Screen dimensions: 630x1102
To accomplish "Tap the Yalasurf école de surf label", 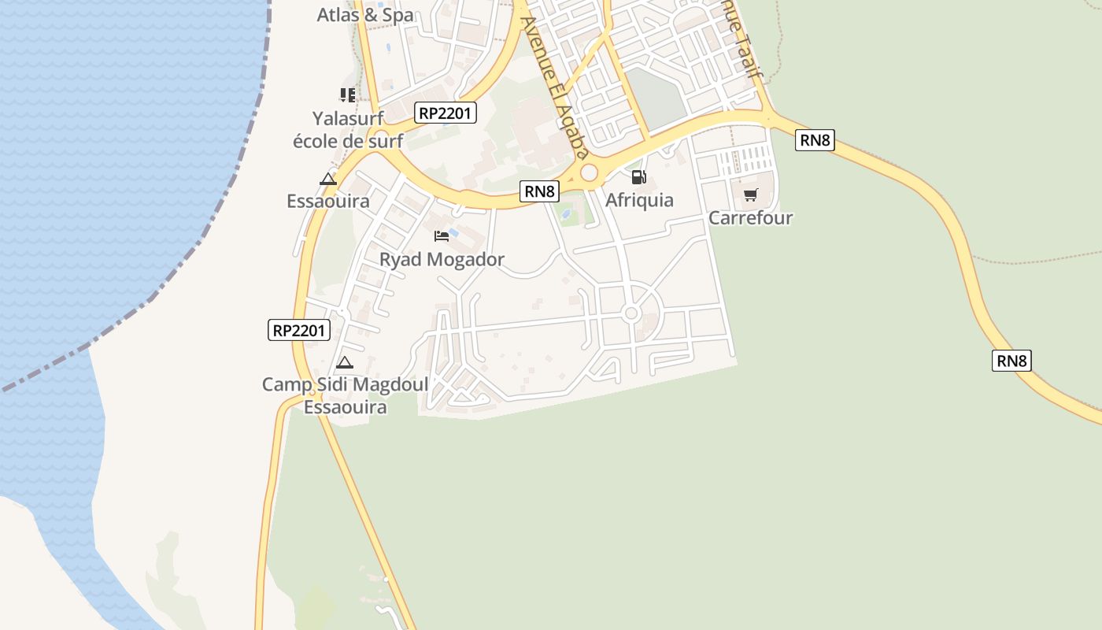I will pyautogui.click(x=348, y=130).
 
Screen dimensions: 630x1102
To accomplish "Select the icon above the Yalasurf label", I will pyautogui.click(x=347, y=95).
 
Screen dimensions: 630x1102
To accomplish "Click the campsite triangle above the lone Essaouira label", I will pyautogui.click(x=328, y=179).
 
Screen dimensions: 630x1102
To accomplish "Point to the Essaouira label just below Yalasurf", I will pyautogui.click(x=328, y=201).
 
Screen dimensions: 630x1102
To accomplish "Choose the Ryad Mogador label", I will pyautogui.click(x=442, y=259).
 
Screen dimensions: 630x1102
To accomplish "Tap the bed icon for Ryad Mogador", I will pyautogui.click(x=442, y=235).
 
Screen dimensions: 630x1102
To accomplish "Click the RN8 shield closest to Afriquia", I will pyautogui.click(x=539, y=191).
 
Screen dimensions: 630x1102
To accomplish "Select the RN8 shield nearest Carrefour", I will pyautogui.click(x=814, y=141).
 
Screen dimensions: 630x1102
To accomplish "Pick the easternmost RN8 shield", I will pyautogui.click(x=1011, y=361).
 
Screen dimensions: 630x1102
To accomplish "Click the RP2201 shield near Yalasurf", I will pyautogui.click(x=446, y=113).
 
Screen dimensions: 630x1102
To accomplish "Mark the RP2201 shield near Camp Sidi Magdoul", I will pyautogui.click(x=298, y=330).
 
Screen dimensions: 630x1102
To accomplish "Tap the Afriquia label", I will pyautogui.click(x=639, y=200).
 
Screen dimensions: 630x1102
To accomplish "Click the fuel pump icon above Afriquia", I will pyautogui.click(x=638, y=177).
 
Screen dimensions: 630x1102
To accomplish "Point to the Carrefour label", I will pyautogui.click(x=750, y=217).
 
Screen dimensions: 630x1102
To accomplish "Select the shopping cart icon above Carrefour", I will pyautogui.click(x=750, y=195).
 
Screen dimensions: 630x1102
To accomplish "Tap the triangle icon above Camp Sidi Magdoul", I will pyautogui.click(x=344, y=363).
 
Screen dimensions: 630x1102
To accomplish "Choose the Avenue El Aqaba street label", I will pyautogui.click(x=555, y=87).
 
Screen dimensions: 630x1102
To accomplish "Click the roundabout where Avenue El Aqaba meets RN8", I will pyautogui.click(x=588, y=173).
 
